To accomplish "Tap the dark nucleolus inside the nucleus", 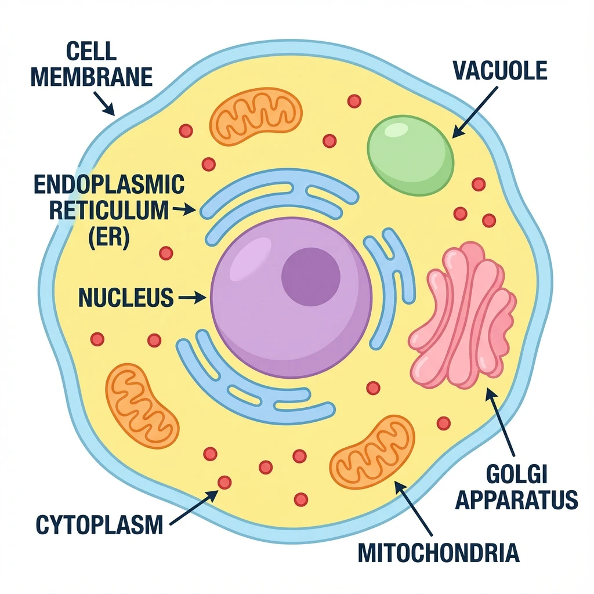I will pyautogui.click(x=310, y=277).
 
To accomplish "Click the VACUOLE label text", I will pyautogui.click(x=499, y=71).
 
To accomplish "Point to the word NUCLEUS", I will pyautogui.click(x=126, y=298).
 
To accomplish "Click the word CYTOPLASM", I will pyautogui.click(x=99, y=525).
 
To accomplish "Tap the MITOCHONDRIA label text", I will pyautogui.click(x=438, y=552).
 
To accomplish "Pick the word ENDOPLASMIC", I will pyautogui.click(x=109, y=185).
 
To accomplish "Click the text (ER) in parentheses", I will pyautogui.click(x=108, y=238).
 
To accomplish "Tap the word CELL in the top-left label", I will pyautogui.click(x=91, y=51).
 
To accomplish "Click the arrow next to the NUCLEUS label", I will pyautogui.click(x=193, y=298).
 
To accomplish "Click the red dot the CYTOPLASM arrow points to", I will pyautogui.click(x=224, y=482).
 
